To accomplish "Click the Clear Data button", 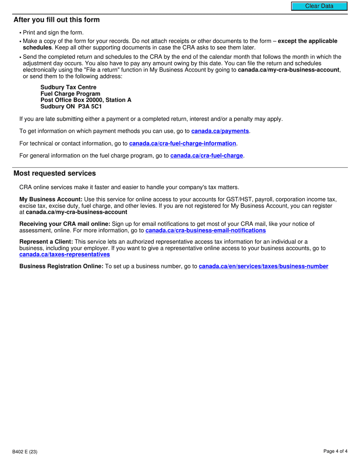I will (319, 6).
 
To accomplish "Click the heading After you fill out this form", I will (56, 20).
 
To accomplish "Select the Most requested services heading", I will (55, 173).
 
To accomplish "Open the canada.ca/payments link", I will (220, 131).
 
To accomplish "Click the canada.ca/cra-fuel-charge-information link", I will (182, 143).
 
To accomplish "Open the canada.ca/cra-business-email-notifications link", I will (205, 230).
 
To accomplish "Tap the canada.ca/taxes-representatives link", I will (64, 254).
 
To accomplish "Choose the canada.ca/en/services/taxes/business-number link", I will (263, 266).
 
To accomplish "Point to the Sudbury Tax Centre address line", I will (68, 87).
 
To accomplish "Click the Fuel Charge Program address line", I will (70, 94).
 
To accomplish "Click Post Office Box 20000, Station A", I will (86, 100).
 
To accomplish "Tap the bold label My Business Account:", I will (51, 199).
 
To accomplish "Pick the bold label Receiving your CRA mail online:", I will (65, 224).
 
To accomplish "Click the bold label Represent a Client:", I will (46, 242).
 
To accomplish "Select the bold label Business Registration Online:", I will (61, 266).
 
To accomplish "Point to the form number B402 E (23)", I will (25, 452).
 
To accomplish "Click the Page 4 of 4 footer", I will (335, 451).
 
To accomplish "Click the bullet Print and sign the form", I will (53, 33).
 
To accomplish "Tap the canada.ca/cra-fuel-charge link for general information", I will (207, 155).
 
